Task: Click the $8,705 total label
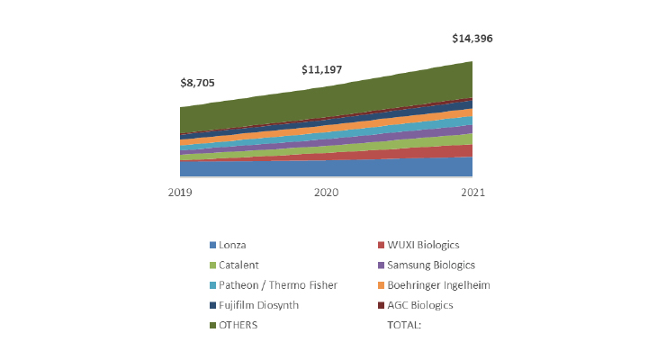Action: click(x=198, y=83)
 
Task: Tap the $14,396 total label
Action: click(x=472, y=39)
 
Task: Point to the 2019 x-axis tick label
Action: click(x=180, y=193)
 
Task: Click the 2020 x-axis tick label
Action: click(x=327, y=193)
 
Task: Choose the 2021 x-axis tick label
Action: click(x=472, y=193)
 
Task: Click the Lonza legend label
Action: click(x=233, y=245)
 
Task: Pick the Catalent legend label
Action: click(x=238, y=265)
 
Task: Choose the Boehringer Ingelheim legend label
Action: click(x=439, y=285)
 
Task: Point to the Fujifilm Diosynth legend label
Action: click(x=258, y=305)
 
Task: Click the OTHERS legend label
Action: click(x=238, y=325)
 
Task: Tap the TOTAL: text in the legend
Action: click(x=404, y=325)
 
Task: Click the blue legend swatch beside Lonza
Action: click(x=212, y=246)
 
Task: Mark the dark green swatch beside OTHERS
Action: click(x=212, y=326)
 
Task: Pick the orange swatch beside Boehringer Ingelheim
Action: click(x=381, y=286)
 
